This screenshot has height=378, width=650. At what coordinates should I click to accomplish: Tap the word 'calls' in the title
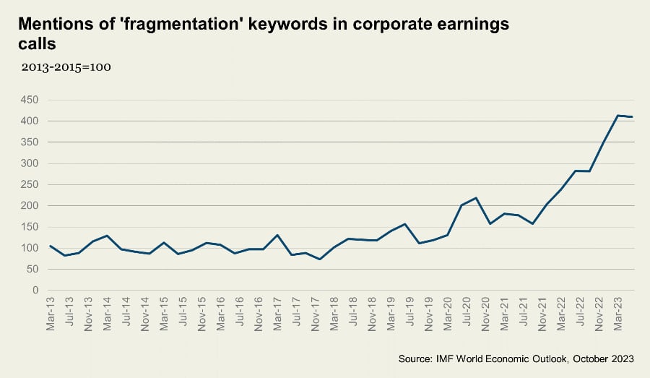coord(37,45)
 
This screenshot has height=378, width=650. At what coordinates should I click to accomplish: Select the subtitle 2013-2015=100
coord(66,67)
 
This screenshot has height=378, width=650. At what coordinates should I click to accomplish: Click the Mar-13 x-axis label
coord(51,315)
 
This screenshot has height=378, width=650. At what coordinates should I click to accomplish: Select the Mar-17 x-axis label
coord(277,315)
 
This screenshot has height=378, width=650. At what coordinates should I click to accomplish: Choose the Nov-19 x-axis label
coord(428,315)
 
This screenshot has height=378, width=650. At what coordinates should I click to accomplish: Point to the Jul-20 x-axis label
coord(466,314)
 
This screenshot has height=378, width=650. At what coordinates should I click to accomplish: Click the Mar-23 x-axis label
coord(617,315)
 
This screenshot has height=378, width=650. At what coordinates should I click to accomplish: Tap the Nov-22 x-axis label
coord(598,315)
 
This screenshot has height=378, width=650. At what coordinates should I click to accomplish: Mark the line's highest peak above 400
coord(617,116)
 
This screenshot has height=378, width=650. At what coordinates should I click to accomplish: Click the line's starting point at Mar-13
coord(51,246)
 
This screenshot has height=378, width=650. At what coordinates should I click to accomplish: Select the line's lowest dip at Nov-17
coord(319,259)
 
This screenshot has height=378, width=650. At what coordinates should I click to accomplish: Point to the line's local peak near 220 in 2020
coord(474,198)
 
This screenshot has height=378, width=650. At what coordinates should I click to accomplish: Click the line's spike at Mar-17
coord(277,235)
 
